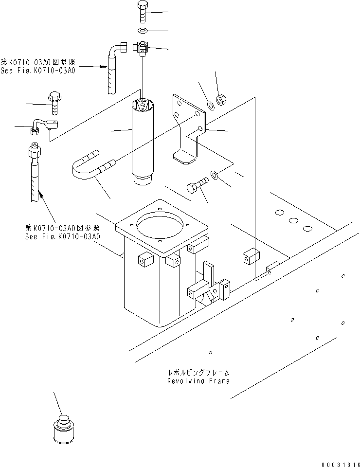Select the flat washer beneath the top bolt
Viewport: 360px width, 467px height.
pyautogui.click(x=142, y=32)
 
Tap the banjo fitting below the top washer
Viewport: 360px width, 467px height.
pyautogui.click(x=142, y=48)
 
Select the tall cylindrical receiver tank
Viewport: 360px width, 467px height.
pyautogui.click(x=142, y=141)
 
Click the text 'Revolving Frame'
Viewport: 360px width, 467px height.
pyautogui.click(x=198, y=381)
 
